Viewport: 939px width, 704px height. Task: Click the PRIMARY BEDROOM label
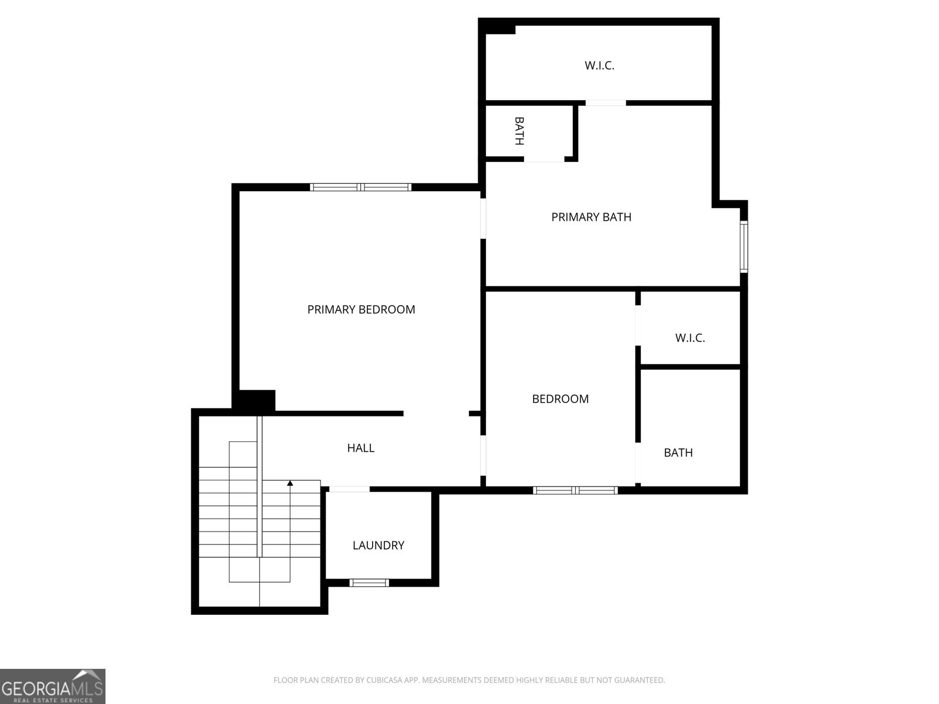tap(361, 309)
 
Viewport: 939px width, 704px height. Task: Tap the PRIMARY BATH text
tap(591, 217)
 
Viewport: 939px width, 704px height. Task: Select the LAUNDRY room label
tap(378, 545)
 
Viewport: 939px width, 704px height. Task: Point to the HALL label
tap(360, 448)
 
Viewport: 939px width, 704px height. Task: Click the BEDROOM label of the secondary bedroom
tap(560, 399)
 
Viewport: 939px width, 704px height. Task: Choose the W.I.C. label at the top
tap(599, 65)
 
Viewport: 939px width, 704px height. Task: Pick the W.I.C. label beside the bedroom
tap(690, 338)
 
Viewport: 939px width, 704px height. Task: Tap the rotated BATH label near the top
tap(519, 131)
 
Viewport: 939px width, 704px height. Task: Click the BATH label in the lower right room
tap(678, 452)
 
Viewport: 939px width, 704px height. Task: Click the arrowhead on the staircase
tap(290, 483)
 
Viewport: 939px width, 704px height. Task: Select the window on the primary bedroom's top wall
tap(360, 187)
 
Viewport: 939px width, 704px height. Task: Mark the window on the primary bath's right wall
tap(744, 246)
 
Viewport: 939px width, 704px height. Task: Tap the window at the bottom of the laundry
tap(369, 583)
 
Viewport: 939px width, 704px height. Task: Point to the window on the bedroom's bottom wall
tap(575, 490)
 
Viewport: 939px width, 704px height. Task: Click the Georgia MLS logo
tap(52, 686)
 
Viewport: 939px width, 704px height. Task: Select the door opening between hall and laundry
tap(349, 489)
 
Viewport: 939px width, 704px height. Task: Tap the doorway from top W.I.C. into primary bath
tap(606, 103)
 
